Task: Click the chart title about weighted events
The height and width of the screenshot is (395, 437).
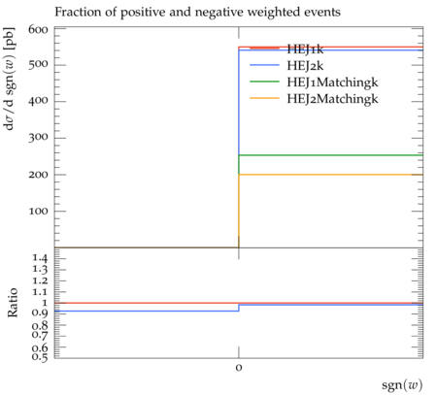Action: (x=197, y=13)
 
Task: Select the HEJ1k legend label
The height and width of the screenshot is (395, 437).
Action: (x=305, y=49)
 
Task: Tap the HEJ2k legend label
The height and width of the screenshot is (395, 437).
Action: (x=305, y=66)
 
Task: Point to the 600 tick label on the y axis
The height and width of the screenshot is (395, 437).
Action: (x=38, y=30)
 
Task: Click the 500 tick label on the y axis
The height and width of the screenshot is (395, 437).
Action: (x=38, y=64)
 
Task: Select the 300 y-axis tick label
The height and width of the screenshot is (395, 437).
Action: (x=38, y=138)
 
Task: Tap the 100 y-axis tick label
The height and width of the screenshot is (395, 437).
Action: (x=38, y=212)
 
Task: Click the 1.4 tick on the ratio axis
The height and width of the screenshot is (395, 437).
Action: (x=40, y=258)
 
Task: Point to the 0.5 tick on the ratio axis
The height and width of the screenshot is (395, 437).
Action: (x=40, y=357)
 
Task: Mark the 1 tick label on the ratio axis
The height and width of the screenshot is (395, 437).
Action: (x=45, y=303)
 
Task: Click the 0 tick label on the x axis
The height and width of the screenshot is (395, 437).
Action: (x=239, y=368)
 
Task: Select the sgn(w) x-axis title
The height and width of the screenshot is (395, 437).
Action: (x=402, y=385)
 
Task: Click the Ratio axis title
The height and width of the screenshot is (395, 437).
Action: (x=13, y=303)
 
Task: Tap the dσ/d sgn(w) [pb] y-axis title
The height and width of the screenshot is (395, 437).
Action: (x=10, y=79)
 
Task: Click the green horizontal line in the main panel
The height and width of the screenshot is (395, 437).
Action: (x=331, y=155)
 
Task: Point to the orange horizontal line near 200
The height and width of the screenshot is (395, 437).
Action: (x=331, y=175)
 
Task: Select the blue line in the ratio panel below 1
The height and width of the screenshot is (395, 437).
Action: (x=147, y=312)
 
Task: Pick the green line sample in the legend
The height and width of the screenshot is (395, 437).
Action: (x=264, y=82)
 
